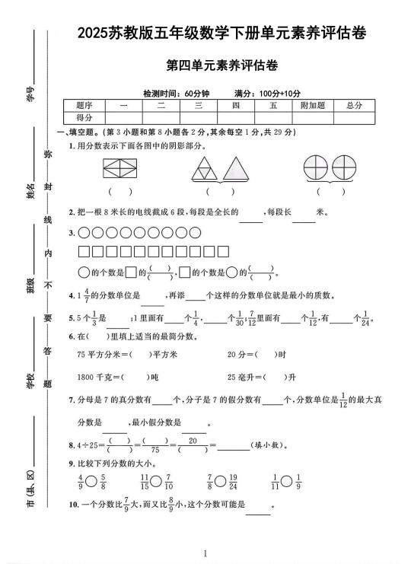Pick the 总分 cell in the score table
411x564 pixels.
tap(353, 105)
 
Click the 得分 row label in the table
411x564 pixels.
tap(84, 118)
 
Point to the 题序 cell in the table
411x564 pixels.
tap(84, 105)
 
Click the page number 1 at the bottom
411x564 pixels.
tap(205, 554)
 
